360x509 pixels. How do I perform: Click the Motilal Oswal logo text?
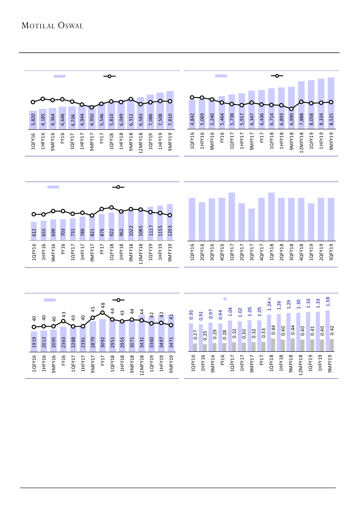52,25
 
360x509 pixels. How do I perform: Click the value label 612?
34,233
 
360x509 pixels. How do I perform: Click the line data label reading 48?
103,306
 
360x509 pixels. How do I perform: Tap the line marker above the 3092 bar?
102,313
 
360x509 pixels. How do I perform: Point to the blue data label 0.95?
191,314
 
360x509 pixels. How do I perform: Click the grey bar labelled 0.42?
332,345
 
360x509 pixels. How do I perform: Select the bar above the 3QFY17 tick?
252,224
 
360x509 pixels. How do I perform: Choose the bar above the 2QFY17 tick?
242,222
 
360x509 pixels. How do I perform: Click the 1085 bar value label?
141,233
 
